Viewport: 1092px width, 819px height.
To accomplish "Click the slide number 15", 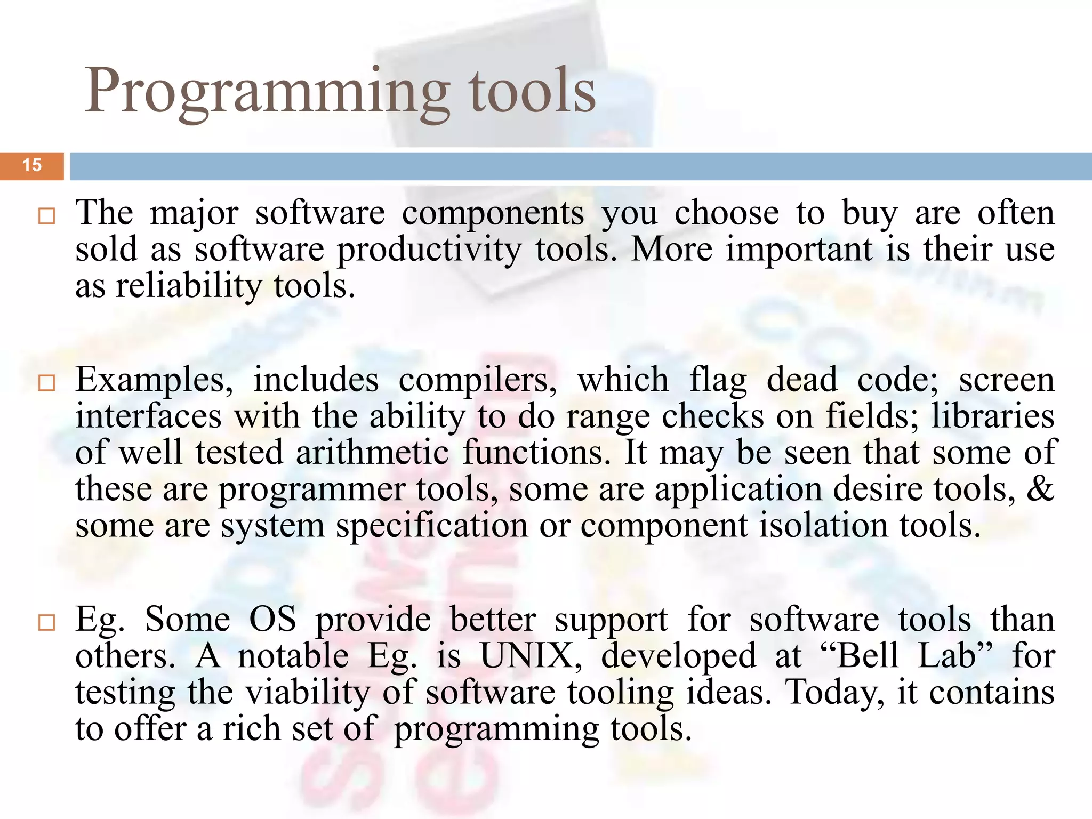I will [x=32, y=165].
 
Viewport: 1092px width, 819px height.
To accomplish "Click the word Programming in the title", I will [x=267, y=91].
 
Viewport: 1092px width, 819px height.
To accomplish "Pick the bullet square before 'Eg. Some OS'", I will [x=47, y=622].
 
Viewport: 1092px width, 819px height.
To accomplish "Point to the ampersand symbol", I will [x=1040, y=488].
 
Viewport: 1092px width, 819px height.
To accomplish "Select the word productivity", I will [x=429, y=250].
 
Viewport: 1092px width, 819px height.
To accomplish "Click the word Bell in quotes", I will [x=870, y=656].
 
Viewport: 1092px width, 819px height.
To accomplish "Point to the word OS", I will [x=272, y=620].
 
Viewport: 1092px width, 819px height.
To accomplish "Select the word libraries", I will [x=993, y=416].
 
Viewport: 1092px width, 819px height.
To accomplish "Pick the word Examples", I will [x=154, y=381].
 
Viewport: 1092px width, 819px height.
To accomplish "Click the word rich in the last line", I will [x=251, y=729].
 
